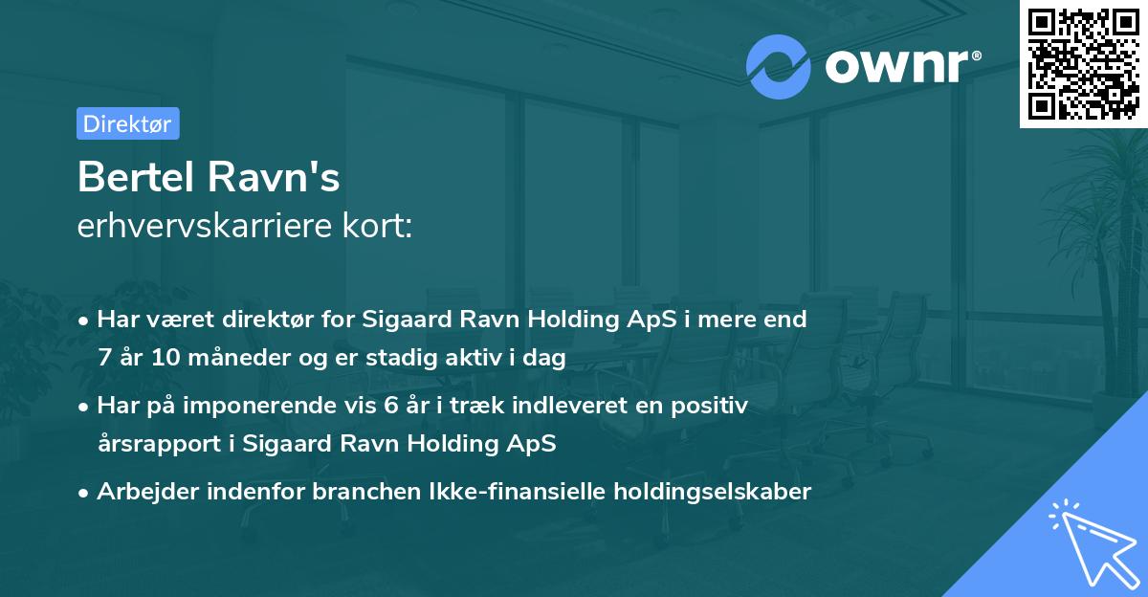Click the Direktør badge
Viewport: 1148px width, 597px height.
pyautogui.click(x=127, y=123)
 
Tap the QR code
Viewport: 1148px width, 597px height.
pyautogui.click(x=1084, y=63)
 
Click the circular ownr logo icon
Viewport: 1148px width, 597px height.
pyautogui.click(x=779, y=66)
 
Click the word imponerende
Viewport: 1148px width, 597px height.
pyautogui.click(x=263, y=406)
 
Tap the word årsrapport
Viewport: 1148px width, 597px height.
pyautogui.click(x=150, y=444)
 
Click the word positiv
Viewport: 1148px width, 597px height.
pyautogui.click(x=714, y=406)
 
